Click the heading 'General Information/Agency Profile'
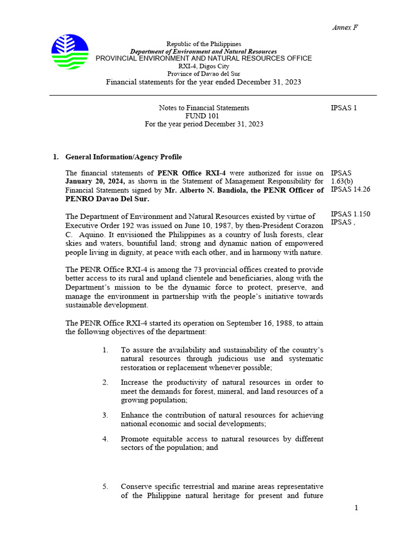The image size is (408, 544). click(x=123, y=157)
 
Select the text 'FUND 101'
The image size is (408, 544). click(x=202, y=116)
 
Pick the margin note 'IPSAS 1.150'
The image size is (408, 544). click(x=350, y=214)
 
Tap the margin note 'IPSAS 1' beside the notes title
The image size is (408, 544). click(x=344, y=108)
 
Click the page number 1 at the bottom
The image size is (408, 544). click(x=356, y=508)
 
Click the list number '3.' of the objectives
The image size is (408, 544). click(x=106, y=415)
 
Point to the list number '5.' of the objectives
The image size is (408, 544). click(x=106, y=487)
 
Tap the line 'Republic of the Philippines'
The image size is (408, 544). click(x=203, y=44)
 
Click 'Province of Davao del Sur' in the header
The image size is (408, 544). click(x=203, y=74)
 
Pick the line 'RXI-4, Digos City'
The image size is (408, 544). click(x=203, y=66)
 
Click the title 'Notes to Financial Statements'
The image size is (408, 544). click(x=203, y=108)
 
